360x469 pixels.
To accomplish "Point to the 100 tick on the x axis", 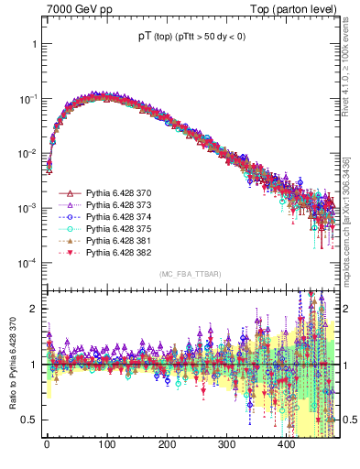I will [106, 443].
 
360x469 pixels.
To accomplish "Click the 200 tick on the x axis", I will [166, 443].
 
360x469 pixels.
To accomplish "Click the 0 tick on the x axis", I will [47, 443].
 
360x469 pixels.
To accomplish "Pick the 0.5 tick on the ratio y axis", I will [31, 420].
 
